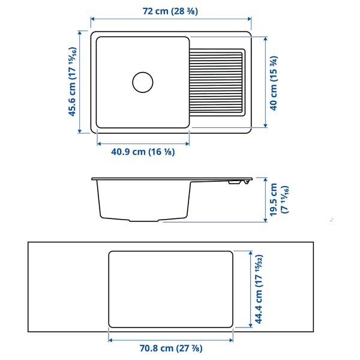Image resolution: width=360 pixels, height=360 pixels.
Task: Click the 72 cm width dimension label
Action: pyautogui.click(x=170, y=11)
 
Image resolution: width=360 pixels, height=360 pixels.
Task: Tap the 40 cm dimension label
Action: pyautogui.click(x=274, y=82)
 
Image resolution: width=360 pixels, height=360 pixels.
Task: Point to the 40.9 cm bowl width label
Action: pyautogui.click(x=143, y=152)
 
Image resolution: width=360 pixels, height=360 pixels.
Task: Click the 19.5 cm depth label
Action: pyautogui.click(x=277, y=200)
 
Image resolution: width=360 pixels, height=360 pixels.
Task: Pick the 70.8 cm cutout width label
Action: pyautogui.click(x=171, y=348)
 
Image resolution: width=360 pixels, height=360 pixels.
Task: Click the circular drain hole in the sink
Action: pyautogui.click(x=143, y=82)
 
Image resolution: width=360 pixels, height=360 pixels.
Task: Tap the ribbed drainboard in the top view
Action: pyautogui.click(x=217, y=82)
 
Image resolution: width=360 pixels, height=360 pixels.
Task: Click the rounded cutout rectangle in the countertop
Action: pyautogui.click(x=170, y=289)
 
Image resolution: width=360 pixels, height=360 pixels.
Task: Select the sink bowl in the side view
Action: pyautogui.click(x=143, y=201)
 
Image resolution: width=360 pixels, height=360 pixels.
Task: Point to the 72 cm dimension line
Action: pyautogui.click(x=170, y=19)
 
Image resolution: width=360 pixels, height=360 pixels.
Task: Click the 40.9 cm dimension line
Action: pyautogui.click(x=143, y=144)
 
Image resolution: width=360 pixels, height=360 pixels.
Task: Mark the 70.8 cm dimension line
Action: pyautogui.click(x=170, y=338)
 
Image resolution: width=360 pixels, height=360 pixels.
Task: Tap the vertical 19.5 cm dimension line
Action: pyautogui.click(x=265, y=200)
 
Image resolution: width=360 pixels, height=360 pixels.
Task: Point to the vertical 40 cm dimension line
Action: pyautogui.click(x=265, y=82)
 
